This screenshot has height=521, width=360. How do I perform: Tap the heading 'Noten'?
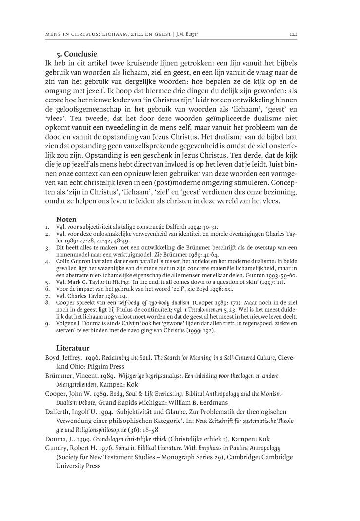(66, 220)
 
